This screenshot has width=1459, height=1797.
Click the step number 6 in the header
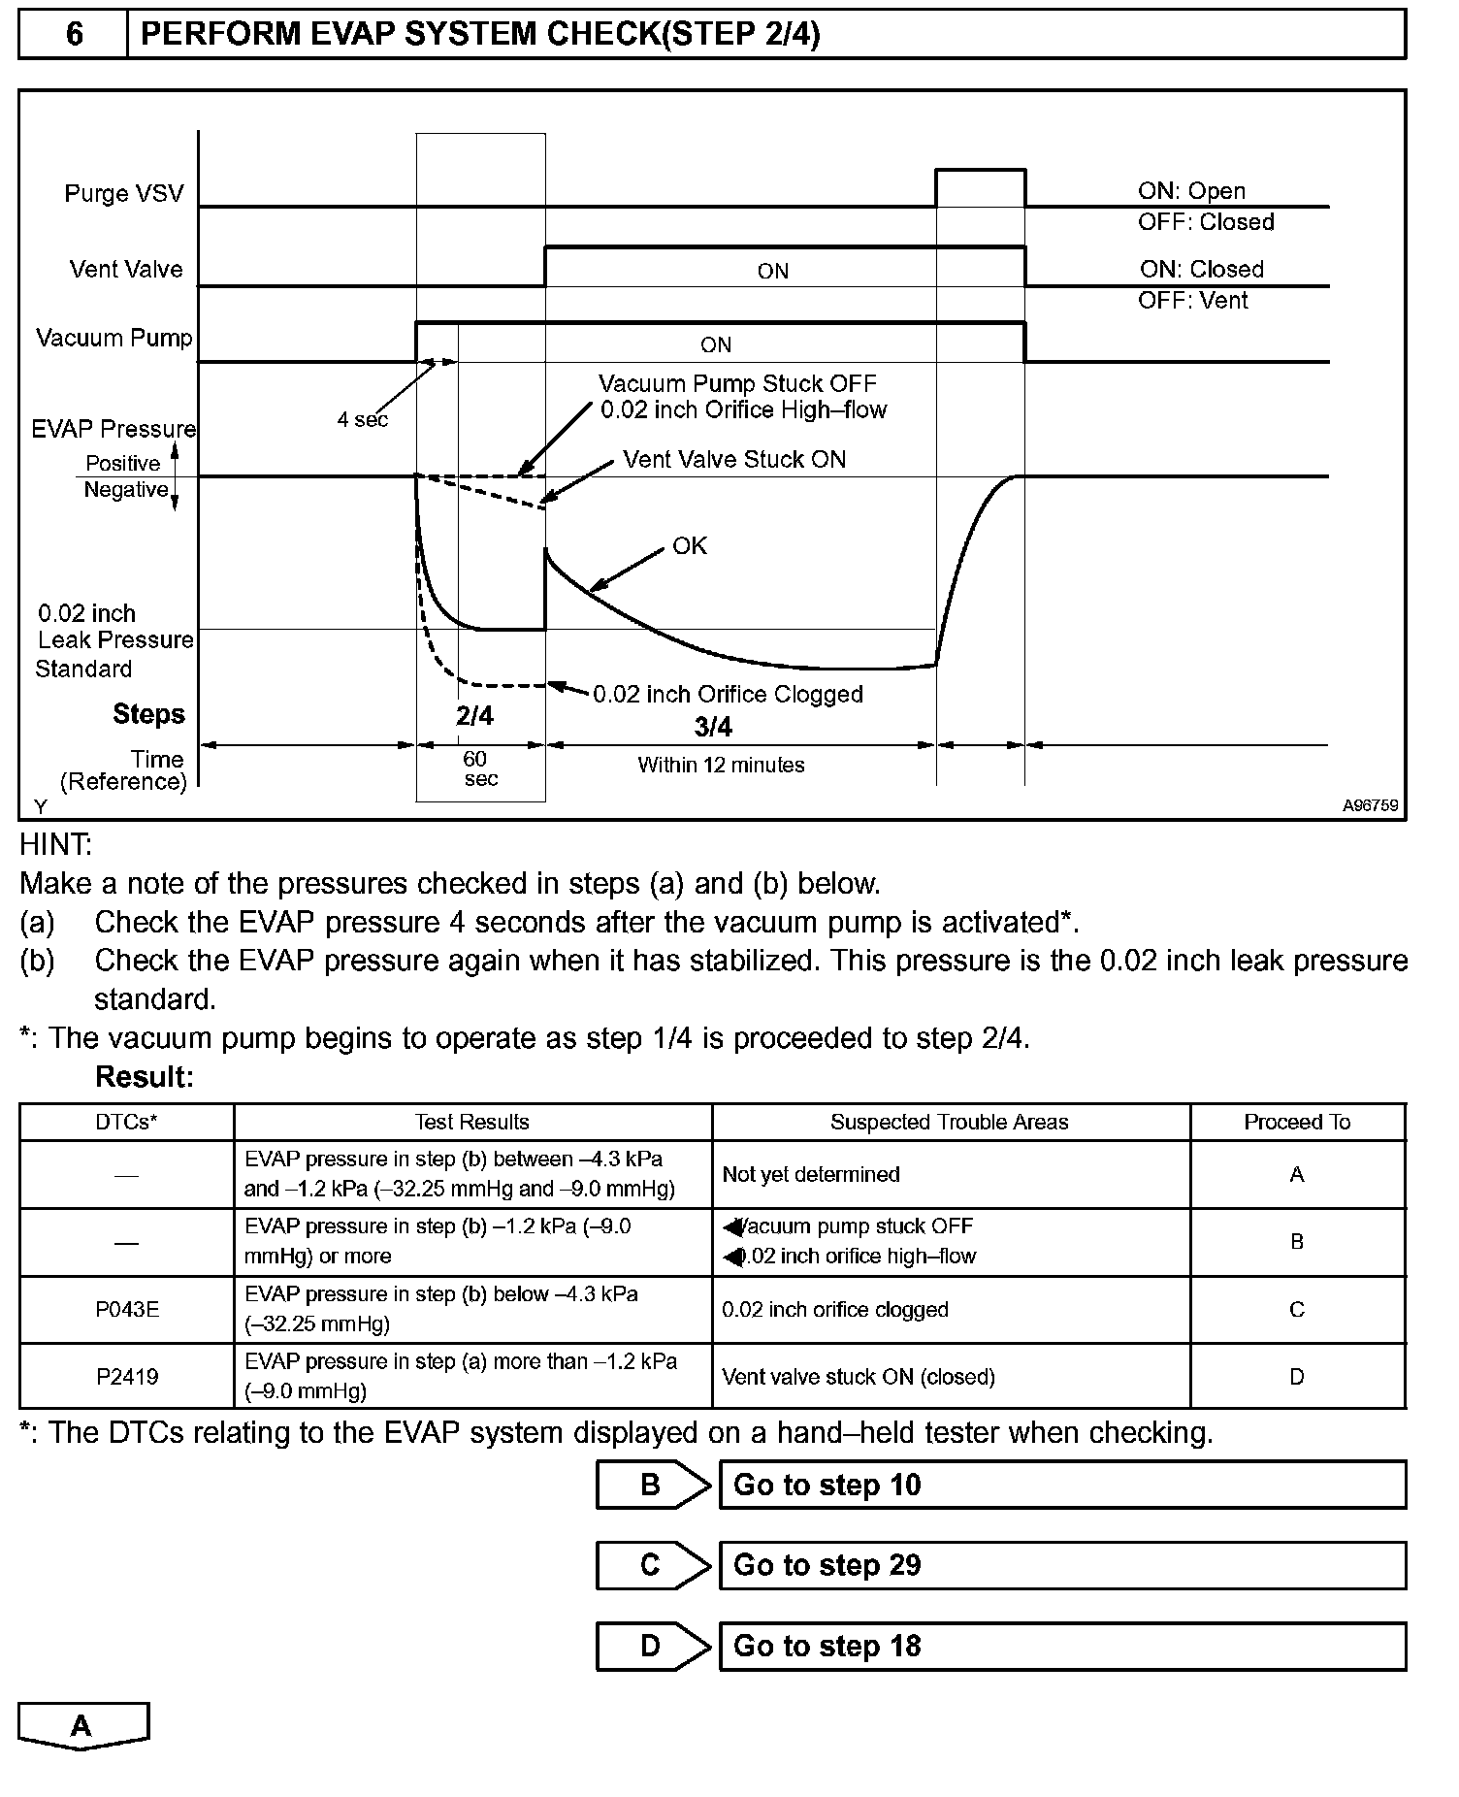pos(74,35)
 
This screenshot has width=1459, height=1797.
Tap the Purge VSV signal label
pos(123,193)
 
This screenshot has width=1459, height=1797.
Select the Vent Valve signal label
pos(125,269)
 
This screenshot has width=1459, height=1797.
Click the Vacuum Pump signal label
pos(113,338)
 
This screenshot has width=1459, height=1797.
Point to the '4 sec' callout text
pos(362,419)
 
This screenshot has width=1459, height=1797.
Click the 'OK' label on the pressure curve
pos(690,546)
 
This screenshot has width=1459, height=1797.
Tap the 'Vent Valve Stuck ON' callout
pos(734,459)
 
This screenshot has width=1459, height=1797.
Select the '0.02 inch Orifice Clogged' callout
pos(728,694)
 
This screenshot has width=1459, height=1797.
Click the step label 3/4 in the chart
pos(713,727)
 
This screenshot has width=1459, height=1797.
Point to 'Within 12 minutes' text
pos(721,765)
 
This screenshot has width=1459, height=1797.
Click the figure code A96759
pos(1370,805)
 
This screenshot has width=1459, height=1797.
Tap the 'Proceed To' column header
pos(1297,1122)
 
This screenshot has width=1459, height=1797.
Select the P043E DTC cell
pos(127,1309)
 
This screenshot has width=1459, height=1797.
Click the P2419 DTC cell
pos(127,1376)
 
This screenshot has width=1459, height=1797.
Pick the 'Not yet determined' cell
pos(811,1174)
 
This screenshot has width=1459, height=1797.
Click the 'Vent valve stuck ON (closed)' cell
pos(859,1376)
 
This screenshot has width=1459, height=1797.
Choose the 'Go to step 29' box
pos(1062,1565)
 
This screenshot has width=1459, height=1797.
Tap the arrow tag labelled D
pos(652,1646)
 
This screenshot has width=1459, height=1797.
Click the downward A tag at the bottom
pos(82,1725)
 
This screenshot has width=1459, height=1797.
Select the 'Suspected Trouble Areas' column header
pos(949,1122)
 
